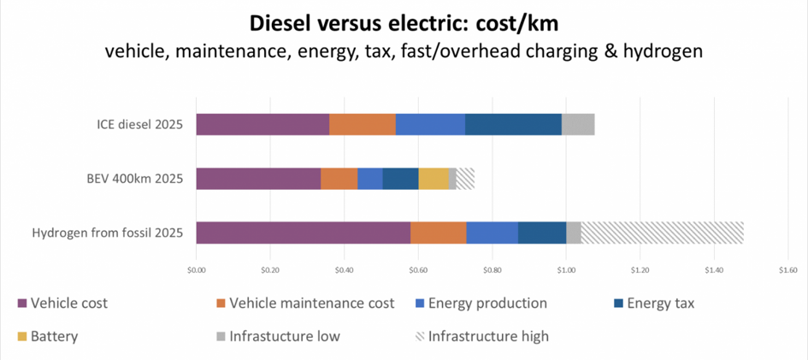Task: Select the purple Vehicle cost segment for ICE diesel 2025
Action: tap(262, 124)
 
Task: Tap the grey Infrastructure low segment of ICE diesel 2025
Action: tap(578, 124)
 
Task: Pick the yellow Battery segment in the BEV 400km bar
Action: tap(433, 178)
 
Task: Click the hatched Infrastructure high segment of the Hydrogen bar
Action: tap(662, 233)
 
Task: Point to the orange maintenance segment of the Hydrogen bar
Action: tap(438, 233)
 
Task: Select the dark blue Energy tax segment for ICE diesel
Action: tap(513, 124)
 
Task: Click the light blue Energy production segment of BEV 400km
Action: tap(369, 178)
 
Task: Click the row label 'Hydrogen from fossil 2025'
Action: tap(108, 233)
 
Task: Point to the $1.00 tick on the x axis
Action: tap(566, 269)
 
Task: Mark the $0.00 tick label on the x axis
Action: tap(196, 269)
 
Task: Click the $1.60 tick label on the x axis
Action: tap(787, 269)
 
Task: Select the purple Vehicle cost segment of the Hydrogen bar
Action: tap(303, 233)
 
